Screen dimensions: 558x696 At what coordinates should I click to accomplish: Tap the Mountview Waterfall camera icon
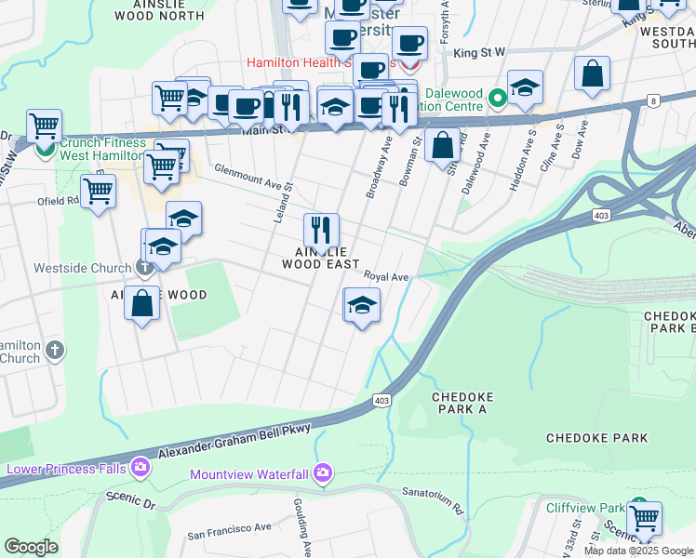tap(323, 473)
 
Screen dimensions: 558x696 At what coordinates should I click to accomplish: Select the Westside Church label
tap(82, 269)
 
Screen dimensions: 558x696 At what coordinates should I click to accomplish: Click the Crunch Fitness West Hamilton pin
tap(44, 148)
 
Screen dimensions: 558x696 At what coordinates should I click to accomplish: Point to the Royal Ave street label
tap(386, 277)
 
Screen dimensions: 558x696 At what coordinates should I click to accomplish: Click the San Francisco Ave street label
tap(229, 530)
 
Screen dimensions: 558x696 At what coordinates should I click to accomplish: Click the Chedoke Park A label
tap(460, 404)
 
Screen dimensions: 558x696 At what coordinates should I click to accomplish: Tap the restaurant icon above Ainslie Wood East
tap(321, 229)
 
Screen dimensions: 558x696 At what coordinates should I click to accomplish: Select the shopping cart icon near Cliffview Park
tap(644, 518)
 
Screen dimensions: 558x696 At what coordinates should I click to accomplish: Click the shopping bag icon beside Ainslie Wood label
tap(141, 303)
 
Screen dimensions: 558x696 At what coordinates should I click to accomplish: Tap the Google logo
tap(31, 547)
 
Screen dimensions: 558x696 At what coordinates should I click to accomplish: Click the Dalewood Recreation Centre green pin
tap(498, 98)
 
